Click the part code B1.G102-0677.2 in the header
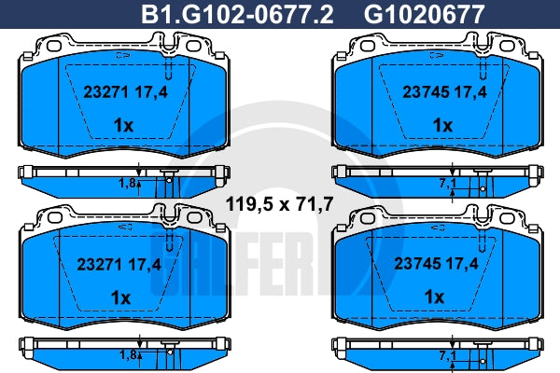(x=237, y=14)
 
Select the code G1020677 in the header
(x=424, y=14)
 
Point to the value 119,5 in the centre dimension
(x=249, y=204)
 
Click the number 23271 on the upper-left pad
(x=105, y=92)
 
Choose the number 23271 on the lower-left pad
(x=100, y=265)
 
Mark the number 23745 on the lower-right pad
(x=417, y=264)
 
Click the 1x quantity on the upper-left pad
(x=123, y=125)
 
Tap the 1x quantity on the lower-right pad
(x=434, y=297)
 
